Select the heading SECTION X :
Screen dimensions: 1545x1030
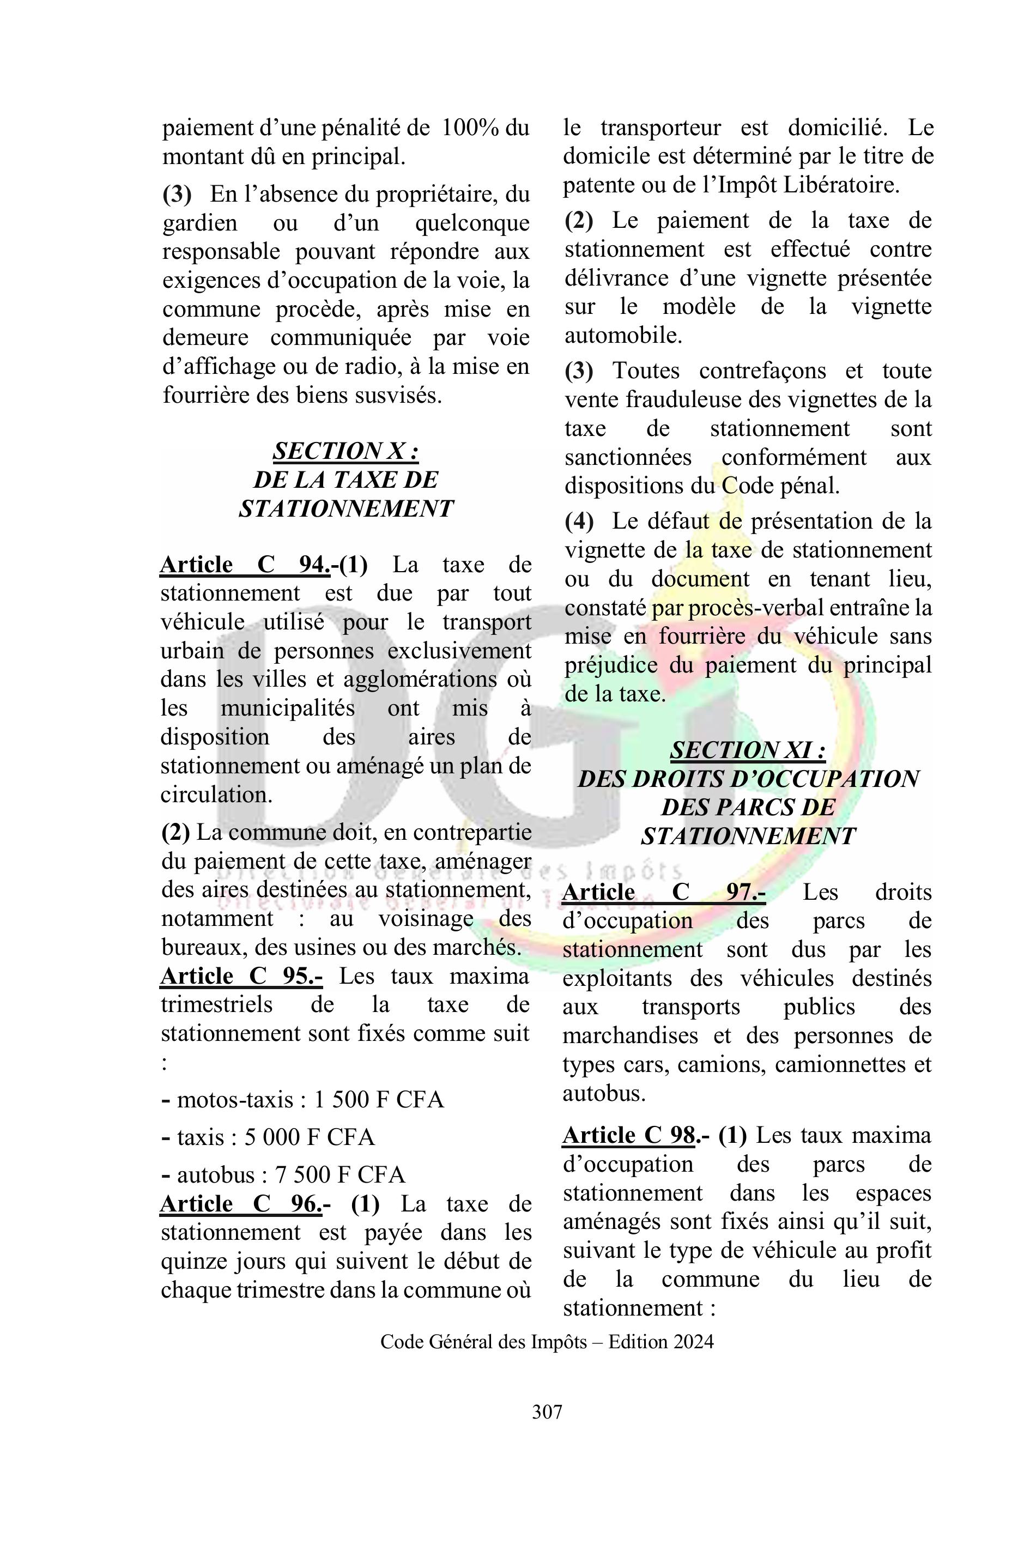pyautogui.click(x=346, y=451)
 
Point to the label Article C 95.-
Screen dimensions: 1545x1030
pyautogui.click(x=241, y=977)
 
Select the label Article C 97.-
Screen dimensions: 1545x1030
pyautogui.click(x=663, y=892)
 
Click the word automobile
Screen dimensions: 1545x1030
pyautogui.click(x=623, y=336)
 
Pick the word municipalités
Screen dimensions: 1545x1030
pyautogui.click(x=288, y=708)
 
